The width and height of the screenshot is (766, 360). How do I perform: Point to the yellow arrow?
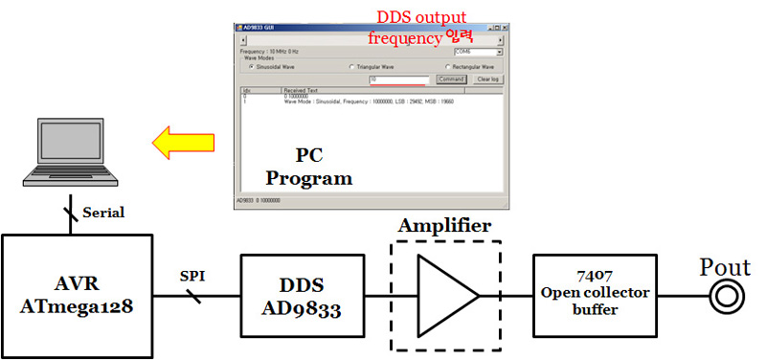(x=183, y=143)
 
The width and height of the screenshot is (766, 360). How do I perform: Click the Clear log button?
(x=488, y=79)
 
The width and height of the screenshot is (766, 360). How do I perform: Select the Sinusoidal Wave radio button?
(x=252, y=68)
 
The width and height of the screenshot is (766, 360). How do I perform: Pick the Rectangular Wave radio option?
(x=447, y=68)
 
